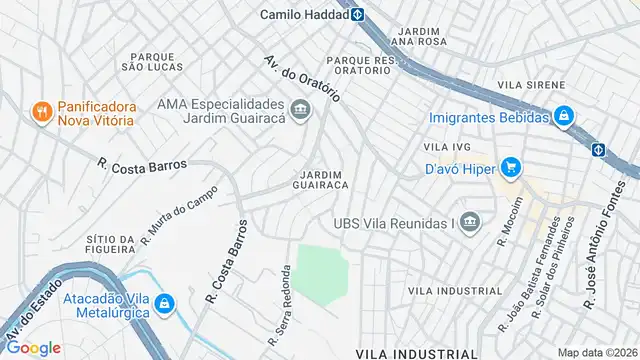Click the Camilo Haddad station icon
tap(357, 15)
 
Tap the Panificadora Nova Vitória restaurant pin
tap(41, 111)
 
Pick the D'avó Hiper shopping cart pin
tap(510, 166)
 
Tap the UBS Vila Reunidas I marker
tap(469, 222)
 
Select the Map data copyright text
tap(595, 352)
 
